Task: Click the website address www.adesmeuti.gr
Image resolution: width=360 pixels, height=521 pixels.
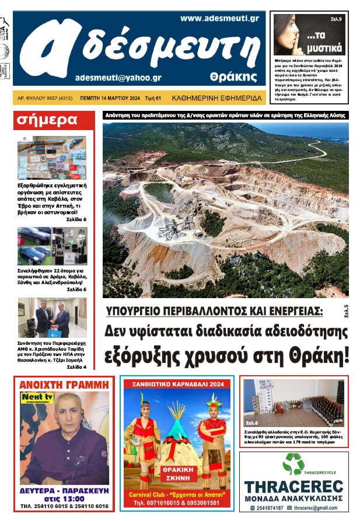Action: click(x=219, y=19)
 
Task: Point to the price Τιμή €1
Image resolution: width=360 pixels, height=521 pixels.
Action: click(x=153, y=99)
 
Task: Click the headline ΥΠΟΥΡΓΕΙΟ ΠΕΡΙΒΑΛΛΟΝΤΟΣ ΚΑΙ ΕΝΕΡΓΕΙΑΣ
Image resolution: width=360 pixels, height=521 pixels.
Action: click(x=214, y=310)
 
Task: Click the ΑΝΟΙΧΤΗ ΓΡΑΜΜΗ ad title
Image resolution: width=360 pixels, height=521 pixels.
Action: click(x=64, y=384)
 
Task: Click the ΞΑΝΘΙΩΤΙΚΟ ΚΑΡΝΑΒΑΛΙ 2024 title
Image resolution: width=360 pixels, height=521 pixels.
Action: click(x=177, y=384)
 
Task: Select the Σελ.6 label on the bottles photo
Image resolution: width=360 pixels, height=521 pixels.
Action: click(x=252, y=422)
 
